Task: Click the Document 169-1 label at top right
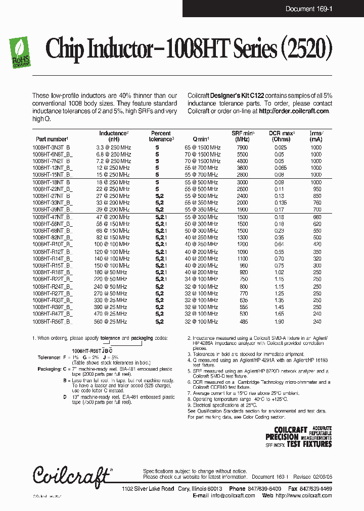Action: click(308, 9)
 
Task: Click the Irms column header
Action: click(316, 136)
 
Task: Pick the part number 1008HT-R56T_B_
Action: click(52, 321)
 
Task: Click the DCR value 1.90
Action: click(280, 321)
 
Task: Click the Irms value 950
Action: click(316, 188)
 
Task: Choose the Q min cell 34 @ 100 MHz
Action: click(202, 279)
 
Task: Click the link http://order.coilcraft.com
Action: click(294, 111)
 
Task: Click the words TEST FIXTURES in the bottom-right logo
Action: click(309, 444)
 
